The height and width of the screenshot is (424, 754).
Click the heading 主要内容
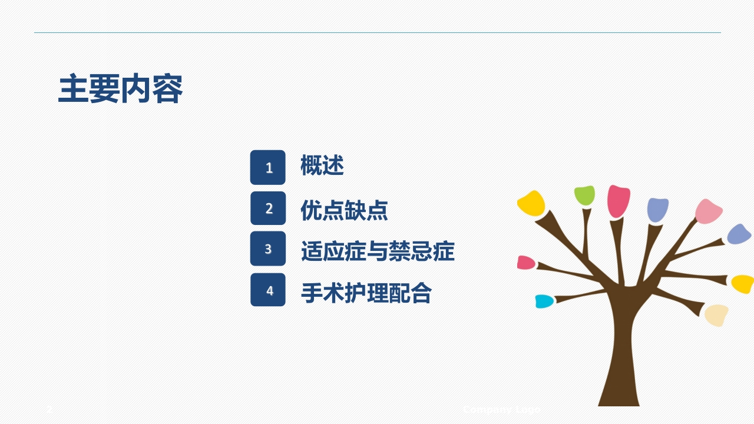pos(120,89)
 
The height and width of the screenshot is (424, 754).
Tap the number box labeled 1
pos(268,167)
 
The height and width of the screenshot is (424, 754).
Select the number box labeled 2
pos(268,208)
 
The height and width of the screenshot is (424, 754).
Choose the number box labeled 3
pos(268,249)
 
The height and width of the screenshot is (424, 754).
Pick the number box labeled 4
pos(268,290)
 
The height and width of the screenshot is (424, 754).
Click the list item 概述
pos(322,165)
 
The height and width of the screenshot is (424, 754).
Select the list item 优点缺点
pos(344,210)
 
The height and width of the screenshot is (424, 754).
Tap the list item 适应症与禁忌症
pos(378,251)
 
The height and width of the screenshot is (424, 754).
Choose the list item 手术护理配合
pos(366,292)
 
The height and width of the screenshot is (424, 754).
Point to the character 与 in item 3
pos(377,251)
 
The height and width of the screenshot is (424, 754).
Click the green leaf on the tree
pos(585,195)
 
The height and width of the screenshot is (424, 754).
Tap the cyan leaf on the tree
pos(544,301)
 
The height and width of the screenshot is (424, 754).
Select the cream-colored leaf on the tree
pos(716,314)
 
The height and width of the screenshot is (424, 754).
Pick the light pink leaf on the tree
pos(708,211)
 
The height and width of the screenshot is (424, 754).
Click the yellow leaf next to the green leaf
pos(531,203)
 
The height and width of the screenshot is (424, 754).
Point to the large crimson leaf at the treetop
pos(618,200)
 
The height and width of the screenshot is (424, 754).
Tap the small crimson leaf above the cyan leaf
pos(525,262)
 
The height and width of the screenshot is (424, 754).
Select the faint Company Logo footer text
pos(501,409)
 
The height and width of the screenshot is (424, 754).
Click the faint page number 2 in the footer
pos(50,409)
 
